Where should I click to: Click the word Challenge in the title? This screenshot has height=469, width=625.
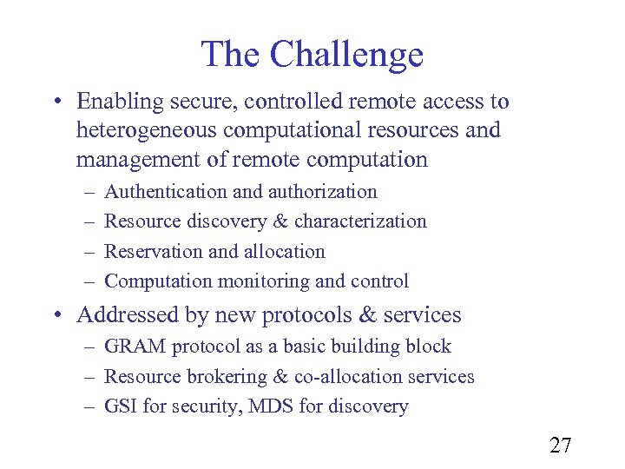[x=346, y=54]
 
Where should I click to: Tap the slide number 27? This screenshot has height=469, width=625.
[x=561, y=446]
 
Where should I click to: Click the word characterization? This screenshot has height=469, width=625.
[x=360, y=221]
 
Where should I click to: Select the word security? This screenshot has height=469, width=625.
[x=200, y=406]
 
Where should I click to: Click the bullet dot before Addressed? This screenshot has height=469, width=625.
[x=56, y=315]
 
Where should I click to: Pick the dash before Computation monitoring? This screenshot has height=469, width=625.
[x=89, y=281]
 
